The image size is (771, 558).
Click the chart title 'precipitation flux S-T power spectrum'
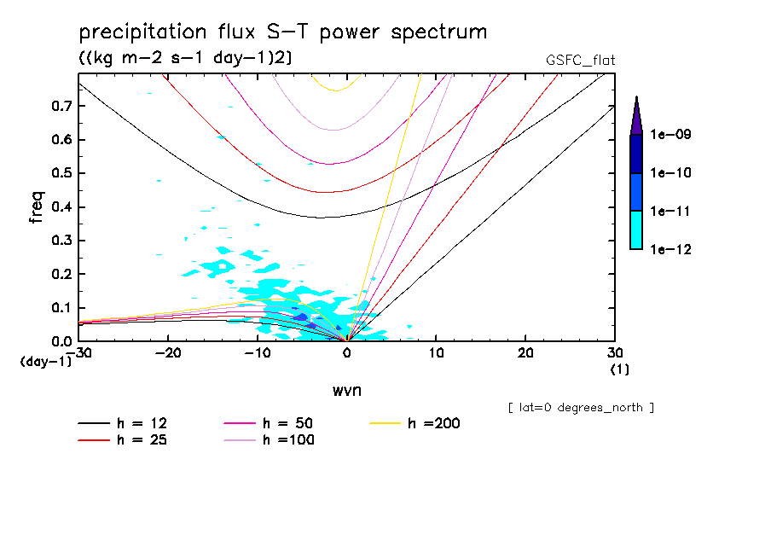pyautogui.click(x=282, y=32)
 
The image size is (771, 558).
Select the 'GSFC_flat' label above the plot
pyautogui.click(x=580, y=61)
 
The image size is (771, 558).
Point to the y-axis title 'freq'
pyautogui.click(x=36, y=207)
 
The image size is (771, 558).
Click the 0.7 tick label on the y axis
pyautogui.click(x=60, y=106)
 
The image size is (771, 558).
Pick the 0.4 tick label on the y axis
pyautogui.click(x=60, y=207)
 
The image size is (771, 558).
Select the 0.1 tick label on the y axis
pyautogui.click(x=60, y=308)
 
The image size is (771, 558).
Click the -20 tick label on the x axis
pyautogui.click(x=169, y=353)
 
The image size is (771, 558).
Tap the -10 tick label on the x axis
pyautogui.click(x=258, y=353)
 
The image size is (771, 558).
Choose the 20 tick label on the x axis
pyautogui.click(x=525, y=353)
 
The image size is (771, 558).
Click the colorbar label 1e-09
pyautogui.click(x=670, y=135)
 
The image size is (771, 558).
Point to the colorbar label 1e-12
pyautogui.click(x=670, y=249)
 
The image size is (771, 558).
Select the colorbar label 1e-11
pyautogui.click(x=670, y=211)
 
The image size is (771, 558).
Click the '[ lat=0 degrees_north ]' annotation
pyautogui.click(x=581, y=408)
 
